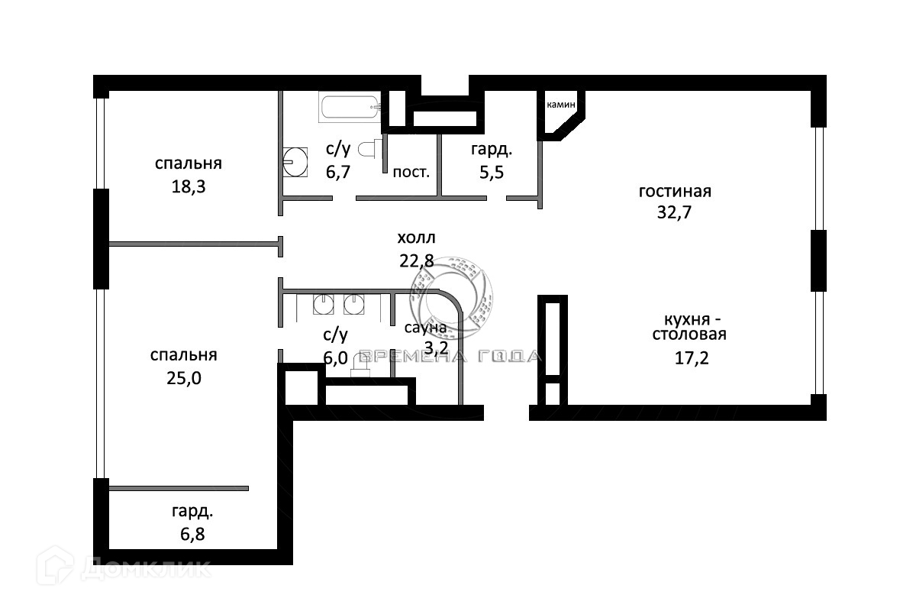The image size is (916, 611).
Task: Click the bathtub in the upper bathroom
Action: click(x=350, y=107)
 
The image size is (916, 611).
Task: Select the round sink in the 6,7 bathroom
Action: click(x=294, y=161)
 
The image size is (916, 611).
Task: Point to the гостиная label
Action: click(x=675, y=190)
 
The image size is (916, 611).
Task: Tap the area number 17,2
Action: click(x=692, y=357)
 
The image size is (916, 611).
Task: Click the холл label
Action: click(x=417, y=239)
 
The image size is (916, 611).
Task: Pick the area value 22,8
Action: click(x=416, y=260)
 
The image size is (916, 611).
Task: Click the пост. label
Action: click(x=411, y=171)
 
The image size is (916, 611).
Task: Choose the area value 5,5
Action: click(x=491, y=173)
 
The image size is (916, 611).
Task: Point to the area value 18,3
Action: click(x=189, y=186)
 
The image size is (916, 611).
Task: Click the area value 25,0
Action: click(x=184, y=377)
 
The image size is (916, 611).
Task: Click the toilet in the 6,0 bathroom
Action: click(x=360, y=370)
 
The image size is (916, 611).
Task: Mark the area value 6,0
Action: click(x=336, y=357)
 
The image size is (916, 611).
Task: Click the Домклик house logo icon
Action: click(x=61, y=567)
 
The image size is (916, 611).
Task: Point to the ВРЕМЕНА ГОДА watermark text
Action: click(x=450, y=356)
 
